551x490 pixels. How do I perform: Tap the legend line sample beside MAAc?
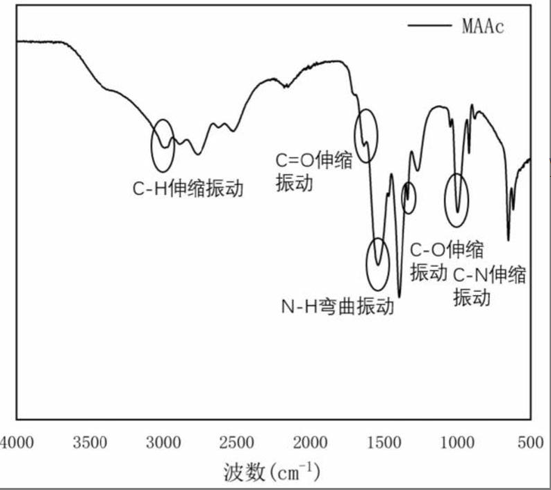pos(430,26)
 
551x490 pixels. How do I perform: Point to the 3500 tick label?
pos(90,443)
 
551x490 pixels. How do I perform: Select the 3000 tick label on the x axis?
pos(163,443)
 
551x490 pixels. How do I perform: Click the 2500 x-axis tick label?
pos(236,443)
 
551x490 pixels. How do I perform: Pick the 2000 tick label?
pos(310,443)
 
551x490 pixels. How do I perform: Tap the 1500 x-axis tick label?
pos(384,443)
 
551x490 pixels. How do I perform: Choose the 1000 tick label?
pos(457,443)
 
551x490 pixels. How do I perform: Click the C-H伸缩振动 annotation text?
pos(188,188)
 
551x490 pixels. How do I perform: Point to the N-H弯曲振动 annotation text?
pos(338,307)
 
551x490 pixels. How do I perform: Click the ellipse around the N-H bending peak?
pos(377,264)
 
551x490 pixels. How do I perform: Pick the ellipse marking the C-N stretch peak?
pos(457,200)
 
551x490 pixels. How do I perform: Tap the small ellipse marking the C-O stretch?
pos(409,197)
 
